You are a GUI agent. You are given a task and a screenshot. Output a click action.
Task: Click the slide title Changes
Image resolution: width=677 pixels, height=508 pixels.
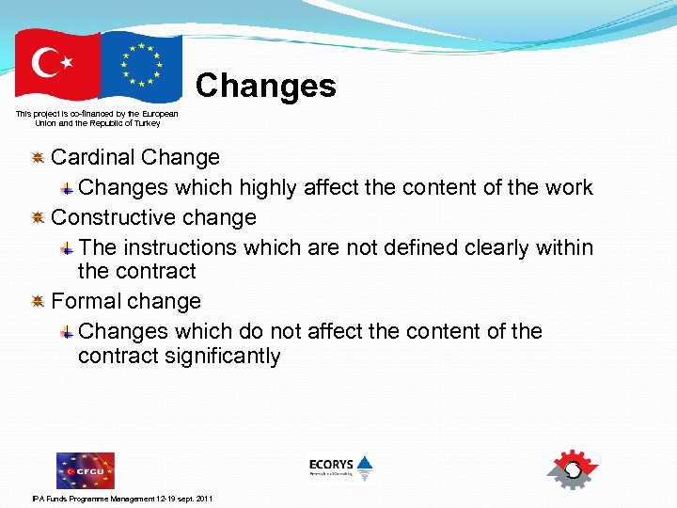pyautogui.click(x=265, y=86)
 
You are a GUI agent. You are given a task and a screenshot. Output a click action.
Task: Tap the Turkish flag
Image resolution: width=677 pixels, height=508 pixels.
pyautogui.click(x=57, y=65)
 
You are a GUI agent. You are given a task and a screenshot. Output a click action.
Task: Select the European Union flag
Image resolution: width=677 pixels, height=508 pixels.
pyautogui.click(x=140, y=66)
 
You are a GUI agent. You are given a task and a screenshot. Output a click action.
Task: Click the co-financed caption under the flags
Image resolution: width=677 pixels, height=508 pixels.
pyautogui.click(x=97, y=118)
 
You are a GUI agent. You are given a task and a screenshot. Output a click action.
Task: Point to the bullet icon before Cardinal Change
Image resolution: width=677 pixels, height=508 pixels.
pyautogui.click(x=39, y=157)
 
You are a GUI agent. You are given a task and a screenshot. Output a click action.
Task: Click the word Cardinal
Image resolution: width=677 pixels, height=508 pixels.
pyautogui.click(x=90, y=157)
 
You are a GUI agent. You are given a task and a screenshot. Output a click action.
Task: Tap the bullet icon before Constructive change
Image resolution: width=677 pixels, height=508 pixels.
pyautogui.click(x=39, y=217)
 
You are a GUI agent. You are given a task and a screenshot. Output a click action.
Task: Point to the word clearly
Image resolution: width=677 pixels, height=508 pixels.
pyautogui.click(x=496, y=247)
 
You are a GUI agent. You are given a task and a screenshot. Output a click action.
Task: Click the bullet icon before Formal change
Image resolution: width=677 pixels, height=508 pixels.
pyautogui.click(x=39, y=301)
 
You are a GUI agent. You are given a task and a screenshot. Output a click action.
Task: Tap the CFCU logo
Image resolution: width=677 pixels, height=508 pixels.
pyautogui.click(x=85, y=469)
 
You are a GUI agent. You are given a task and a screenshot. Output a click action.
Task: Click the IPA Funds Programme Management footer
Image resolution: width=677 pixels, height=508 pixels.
pyautogui.click(x=122, y=498)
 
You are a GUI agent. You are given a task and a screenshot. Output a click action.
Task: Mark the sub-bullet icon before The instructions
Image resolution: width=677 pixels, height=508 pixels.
pyautogui.click(x=68, y=248)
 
